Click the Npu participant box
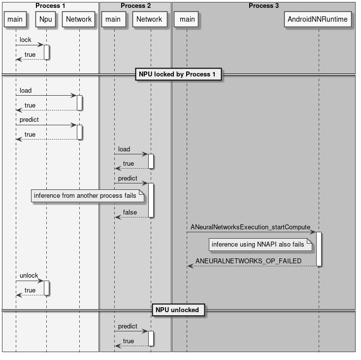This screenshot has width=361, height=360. (x=46, y=19)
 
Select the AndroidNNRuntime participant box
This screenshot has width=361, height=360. (x=319, y=19)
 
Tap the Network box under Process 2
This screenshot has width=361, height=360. (x=149, y=19)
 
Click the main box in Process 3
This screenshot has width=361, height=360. (x=187, y=19)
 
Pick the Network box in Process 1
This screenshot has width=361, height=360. (x=79, y=19)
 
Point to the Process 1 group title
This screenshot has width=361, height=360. (x=50, y=6)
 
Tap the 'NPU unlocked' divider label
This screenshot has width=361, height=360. (x=177, y=310)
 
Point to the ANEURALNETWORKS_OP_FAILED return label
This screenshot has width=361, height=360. (x=248, y=261)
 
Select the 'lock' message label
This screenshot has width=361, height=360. (x=26, y=40)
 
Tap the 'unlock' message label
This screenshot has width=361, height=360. (x=29, y=276)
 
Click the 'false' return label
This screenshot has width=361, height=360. (x=130, y=213)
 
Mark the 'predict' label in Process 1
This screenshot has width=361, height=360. (x=29, y=120)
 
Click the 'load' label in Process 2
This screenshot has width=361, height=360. (x=124, y=149)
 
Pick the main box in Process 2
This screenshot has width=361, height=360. (x=113, y=19)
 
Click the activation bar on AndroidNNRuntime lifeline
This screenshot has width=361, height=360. (x=319, y=249)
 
